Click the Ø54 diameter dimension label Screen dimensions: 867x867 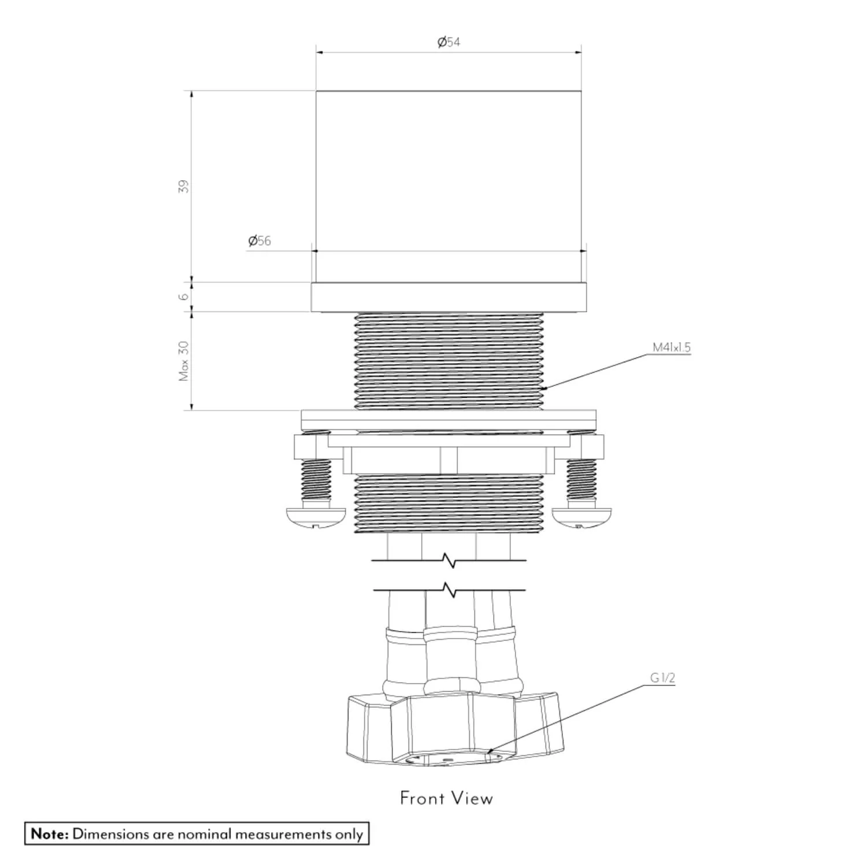coord(449,42)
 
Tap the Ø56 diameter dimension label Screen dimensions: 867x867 coord(260,241)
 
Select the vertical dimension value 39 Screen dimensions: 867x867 coord(183,187)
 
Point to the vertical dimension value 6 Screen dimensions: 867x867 coord(183,297)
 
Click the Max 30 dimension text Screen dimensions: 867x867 coord(183,361)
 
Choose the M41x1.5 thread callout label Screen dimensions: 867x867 coord(671,347)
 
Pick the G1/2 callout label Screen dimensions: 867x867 coord(662,678)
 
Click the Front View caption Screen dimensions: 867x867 coord(446,798)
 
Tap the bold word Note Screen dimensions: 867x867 coord(50,834)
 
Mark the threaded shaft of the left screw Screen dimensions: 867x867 coord(316,480)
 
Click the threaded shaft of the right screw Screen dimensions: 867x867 coord(581,480)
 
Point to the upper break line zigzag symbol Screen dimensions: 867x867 coord(449,560)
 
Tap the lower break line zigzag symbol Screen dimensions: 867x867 coord(449,590)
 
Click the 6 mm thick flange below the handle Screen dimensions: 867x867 coord(449,297)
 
